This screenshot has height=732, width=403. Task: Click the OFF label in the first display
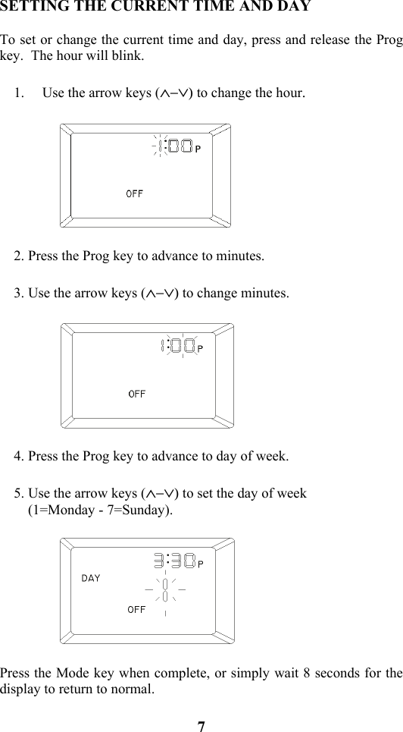[x=134, y=193]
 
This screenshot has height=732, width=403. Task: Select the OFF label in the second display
[x=137, y=394]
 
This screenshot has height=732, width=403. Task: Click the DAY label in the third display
[x=91, y=578]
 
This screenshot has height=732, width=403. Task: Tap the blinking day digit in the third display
[x=164, y=589]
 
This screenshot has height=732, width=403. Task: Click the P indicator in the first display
[x=198, y=149]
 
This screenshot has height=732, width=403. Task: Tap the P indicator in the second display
[x=201, y=348]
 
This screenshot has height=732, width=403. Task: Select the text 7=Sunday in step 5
[x=141, y=510]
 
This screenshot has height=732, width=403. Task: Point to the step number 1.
[x=19, y=94]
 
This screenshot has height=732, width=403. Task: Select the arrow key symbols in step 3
[x=160, y=294]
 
